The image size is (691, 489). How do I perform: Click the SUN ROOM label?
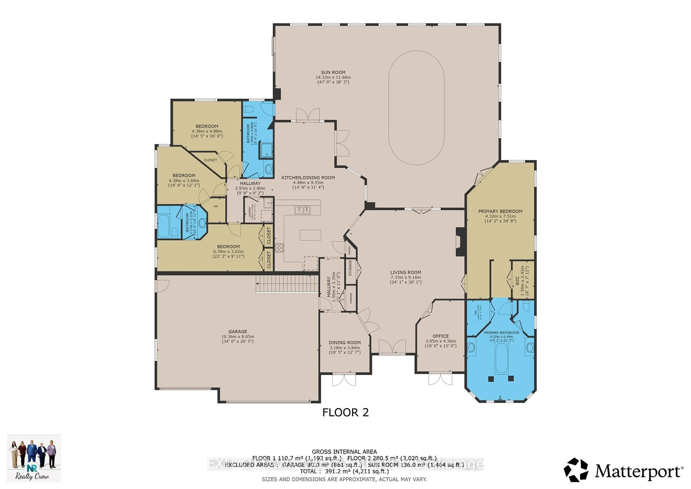click(x=333, y=72)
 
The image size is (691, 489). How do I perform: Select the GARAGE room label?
click(x=238, y=331)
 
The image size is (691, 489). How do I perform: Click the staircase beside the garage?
click(x=287, y=284)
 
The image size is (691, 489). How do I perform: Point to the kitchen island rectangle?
click(x=310, y=235)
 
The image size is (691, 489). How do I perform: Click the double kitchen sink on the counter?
click(x=302, y=210)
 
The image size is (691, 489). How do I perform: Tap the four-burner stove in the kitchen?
click(x=279, y=248)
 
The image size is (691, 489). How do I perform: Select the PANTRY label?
click(x=349, y=250)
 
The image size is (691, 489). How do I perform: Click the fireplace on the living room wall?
click(x=460, y=242)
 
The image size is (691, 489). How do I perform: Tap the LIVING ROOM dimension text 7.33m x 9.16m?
click(x=405, y=277)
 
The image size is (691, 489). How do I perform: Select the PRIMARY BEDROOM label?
click(x=500, y=211)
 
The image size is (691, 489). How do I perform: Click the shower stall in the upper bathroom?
click(x=266, y=151)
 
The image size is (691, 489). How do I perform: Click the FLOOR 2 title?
click(x=345, y=412)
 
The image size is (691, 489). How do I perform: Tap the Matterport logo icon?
click(x=575, y=470)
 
